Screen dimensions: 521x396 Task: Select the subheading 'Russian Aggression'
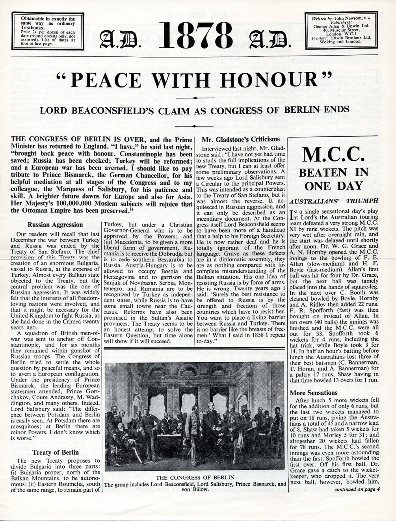55,225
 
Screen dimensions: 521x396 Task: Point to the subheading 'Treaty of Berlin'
55,452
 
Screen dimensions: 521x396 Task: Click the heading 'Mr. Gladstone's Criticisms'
240,139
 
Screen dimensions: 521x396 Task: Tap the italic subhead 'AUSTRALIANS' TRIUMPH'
334,201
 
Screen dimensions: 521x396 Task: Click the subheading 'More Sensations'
314,393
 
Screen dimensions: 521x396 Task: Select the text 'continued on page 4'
357,490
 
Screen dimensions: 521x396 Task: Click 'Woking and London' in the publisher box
342,41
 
